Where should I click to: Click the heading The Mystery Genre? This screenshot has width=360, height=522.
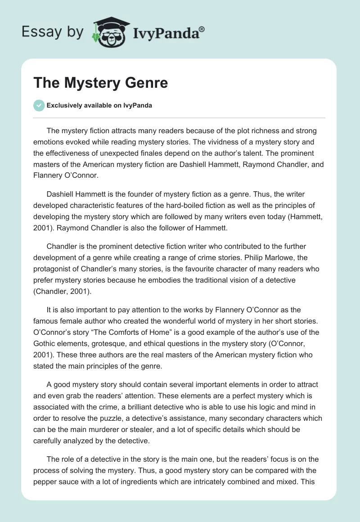point(100,83)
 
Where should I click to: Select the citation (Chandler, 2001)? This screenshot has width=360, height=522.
point(62,291)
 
